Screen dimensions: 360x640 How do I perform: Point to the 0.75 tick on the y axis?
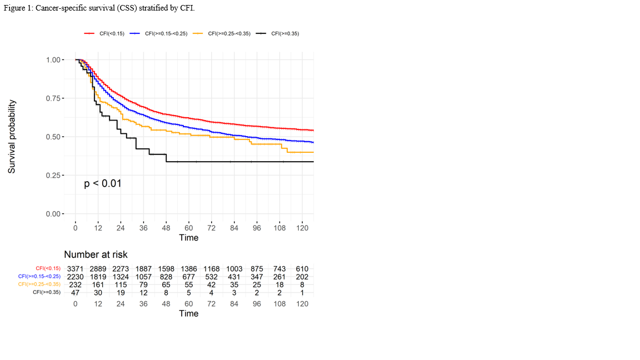53,98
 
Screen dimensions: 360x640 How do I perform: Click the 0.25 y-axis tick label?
53,176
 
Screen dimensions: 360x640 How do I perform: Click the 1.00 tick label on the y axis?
53,59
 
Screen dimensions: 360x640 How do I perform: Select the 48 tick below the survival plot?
166,228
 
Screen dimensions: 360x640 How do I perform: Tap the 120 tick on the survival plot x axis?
302,228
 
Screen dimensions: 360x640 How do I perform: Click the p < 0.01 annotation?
103,183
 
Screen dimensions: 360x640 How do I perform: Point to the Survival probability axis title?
12,137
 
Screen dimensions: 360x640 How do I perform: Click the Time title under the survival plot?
188,238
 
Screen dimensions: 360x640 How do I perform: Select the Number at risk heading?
96,254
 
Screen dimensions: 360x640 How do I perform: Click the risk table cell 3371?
75,269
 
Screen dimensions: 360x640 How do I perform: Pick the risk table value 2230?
75,277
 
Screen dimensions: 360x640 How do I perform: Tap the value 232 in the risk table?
75,284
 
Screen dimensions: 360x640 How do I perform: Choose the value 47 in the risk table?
75,292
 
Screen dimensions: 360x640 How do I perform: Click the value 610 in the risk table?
302,269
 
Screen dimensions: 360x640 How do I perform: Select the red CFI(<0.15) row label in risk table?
48,269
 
